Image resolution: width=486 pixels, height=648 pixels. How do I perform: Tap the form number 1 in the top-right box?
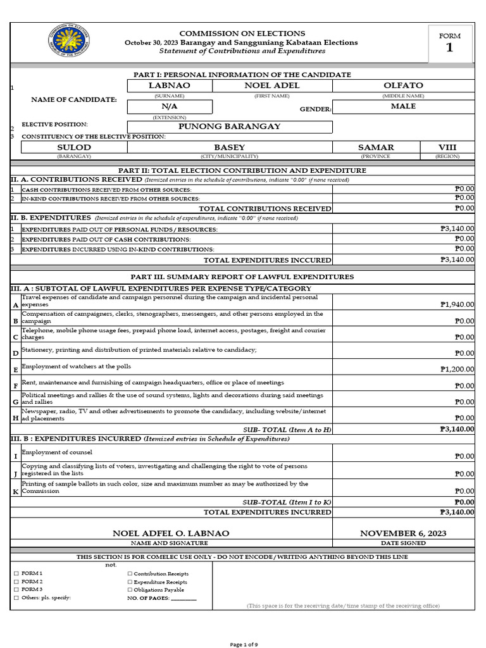pyautogui.click(x=449, y=47)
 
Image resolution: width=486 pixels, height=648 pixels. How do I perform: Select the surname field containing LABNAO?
pyautogui.click(x=169, y=85)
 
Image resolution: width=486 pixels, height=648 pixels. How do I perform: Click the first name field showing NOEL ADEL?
pyautogui.click(x=271, y=85)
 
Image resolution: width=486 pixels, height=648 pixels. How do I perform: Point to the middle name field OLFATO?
pyautogui.click(x=403, y=85)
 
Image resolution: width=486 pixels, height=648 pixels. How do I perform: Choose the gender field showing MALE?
pyautogui.click(x=403, y=106)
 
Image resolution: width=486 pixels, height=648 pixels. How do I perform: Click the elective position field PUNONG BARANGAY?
pyautogui.click(x=229, y=127)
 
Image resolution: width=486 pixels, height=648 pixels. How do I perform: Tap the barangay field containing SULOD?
pyautogui.click(x=74, y=147)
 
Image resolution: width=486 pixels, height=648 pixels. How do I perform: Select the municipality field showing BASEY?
pyautogui.click(x=229, y=147)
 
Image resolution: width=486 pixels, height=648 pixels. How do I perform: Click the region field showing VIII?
pyautogui.click(x=447, y=147)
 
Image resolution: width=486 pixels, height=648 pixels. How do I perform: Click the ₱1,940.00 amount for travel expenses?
pyautogui.click(x=457, y=304)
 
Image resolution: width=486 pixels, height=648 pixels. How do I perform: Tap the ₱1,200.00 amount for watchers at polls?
pyautogui.click(x=457, y=369)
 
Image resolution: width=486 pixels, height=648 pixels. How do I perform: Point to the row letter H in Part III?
pyautogui.click(x=15, y=418)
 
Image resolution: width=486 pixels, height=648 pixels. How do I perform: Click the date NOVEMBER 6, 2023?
pyautogui.click(x=403, y=533)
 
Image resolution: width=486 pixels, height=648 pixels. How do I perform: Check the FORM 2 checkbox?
pyautogui.click(x=16, y=582)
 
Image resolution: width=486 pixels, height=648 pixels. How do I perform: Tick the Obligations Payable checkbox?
pyautogui.click(x=130, y=590)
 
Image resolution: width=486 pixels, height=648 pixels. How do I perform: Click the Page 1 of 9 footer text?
pyautogui.click(x=243, y=644)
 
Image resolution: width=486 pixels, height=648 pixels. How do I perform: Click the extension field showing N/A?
pyautogui.click(x=169, y=107)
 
